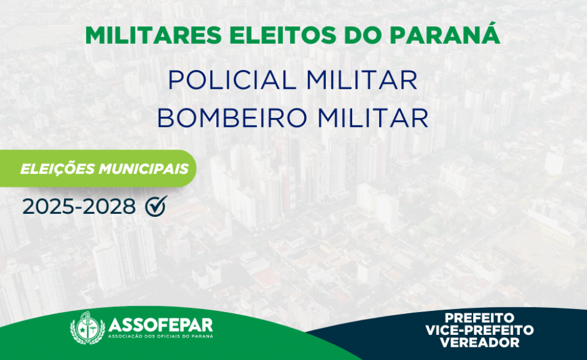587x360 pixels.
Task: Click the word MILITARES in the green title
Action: (153, 35)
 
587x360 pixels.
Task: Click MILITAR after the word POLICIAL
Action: (362, 80)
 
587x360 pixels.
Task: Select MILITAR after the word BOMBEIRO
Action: (373, 117)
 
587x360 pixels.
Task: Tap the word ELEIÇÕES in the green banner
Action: (58, 168)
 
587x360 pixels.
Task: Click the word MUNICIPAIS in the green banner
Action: (143, 169)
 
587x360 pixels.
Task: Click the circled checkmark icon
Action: (156, 206)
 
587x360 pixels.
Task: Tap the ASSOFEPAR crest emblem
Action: (87, 328)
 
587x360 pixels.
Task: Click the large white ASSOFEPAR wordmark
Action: (161, 325)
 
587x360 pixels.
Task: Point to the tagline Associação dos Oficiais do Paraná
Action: (161, 336)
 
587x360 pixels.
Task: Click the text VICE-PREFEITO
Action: (480, 330)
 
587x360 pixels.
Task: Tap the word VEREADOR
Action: (480, 342)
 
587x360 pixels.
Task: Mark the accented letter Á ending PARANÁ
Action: (490, 34)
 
